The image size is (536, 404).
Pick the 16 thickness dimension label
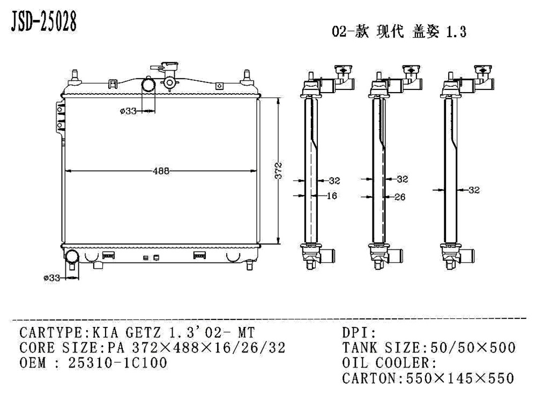332,196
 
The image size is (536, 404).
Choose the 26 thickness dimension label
399,197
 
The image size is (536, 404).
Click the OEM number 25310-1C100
118,363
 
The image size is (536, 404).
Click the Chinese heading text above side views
399,32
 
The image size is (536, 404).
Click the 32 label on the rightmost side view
473,190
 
